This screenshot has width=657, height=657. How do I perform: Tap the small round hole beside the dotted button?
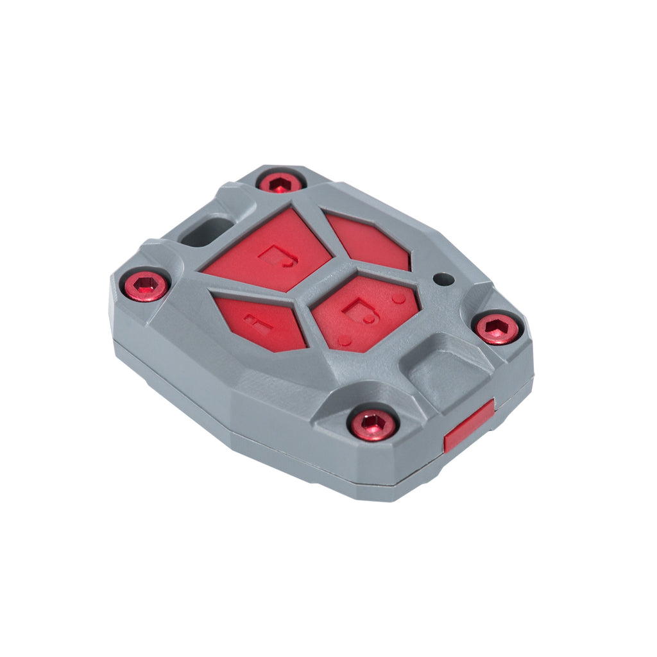[x=443, y=280]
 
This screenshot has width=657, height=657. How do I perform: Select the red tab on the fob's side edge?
[x=469, y=425]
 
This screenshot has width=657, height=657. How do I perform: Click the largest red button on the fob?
[x=269, y=252]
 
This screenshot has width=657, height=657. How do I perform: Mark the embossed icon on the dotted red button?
[x=359, y=311]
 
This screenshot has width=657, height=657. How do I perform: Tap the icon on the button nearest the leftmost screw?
[x=259, y=322]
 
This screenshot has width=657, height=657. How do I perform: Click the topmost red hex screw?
[x=281, y=183]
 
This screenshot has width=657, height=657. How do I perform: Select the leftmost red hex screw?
[x=146, y=286]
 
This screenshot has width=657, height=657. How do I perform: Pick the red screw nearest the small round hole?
[x=497, y=328]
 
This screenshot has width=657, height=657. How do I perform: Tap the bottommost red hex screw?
[x=373, y=424]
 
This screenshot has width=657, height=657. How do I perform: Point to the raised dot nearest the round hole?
[x=398, y=298]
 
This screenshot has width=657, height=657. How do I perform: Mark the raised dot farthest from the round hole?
[x=345, y=341]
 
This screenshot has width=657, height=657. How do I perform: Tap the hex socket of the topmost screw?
[x=281, y=185]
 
